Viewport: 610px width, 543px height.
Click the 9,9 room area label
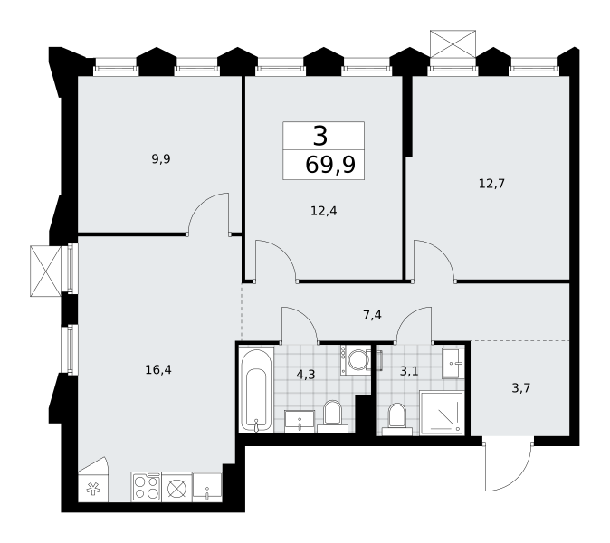pos(161,159)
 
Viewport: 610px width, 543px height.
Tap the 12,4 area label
pos(324,211)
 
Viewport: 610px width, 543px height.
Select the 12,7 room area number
pos(491,183)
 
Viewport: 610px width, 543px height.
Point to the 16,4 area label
pos(158,369)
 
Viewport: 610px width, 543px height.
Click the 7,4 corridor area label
pos(372,315)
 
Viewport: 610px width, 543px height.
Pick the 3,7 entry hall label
pos(521,388)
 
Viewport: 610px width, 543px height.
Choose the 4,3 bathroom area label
pos(306,375)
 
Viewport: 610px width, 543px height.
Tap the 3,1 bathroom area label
pos(409,371)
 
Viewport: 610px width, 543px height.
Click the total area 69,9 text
pos(330,165)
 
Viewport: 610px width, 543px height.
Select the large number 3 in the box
pos(320,137)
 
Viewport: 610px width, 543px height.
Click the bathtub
pos(256,390)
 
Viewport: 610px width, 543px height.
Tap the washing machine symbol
pos(356,360)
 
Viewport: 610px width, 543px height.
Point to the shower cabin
pos(442,413)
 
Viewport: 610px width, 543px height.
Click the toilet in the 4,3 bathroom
pos(333,416)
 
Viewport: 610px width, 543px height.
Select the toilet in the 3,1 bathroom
pos(397,420)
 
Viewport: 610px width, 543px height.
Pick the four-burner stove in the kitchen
pos(147,488)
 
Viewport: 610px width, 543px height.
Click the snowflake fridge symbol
pos(93,488)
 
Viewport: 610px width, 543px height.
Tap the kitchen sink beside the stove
pos(207,488)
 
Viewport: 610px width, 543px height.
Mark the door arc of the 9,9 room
pos(202,205)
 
